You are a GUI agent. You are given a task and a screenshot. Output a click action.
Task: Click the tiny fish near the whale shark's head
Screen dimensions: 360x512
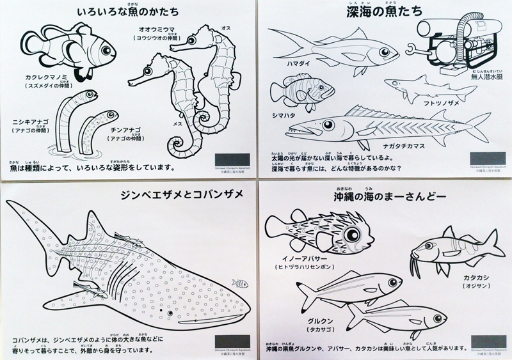tap(241, 282)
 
